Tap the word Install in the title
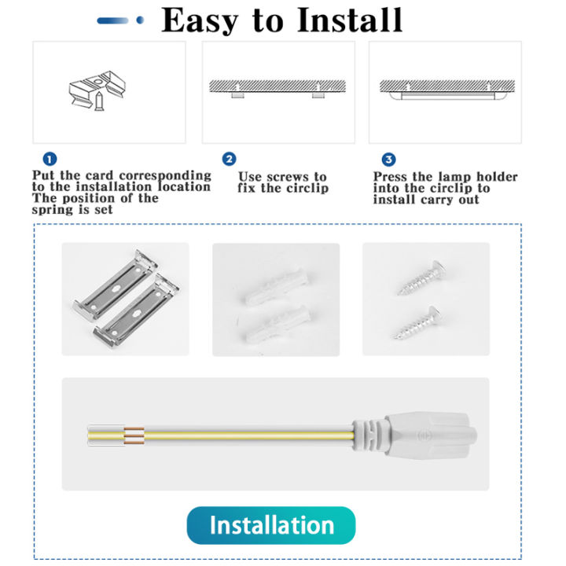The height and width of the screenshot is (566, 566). [351, 20]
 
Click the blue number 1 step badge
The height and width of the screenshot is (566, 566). [50, 160]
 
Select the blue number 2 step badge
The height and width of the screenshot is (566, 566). [229, 160]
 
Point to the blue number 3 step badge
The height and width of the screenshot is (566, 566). [388, 160]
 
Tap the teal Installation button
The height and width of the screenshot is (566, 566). [271, 525]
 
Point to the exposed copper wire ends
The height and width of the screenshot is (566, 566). [134, 435]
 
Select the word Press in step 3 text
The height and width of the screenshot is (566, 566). [391, 178]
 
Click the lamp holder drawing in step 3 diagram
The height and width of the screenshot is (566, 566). [444, 95]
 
